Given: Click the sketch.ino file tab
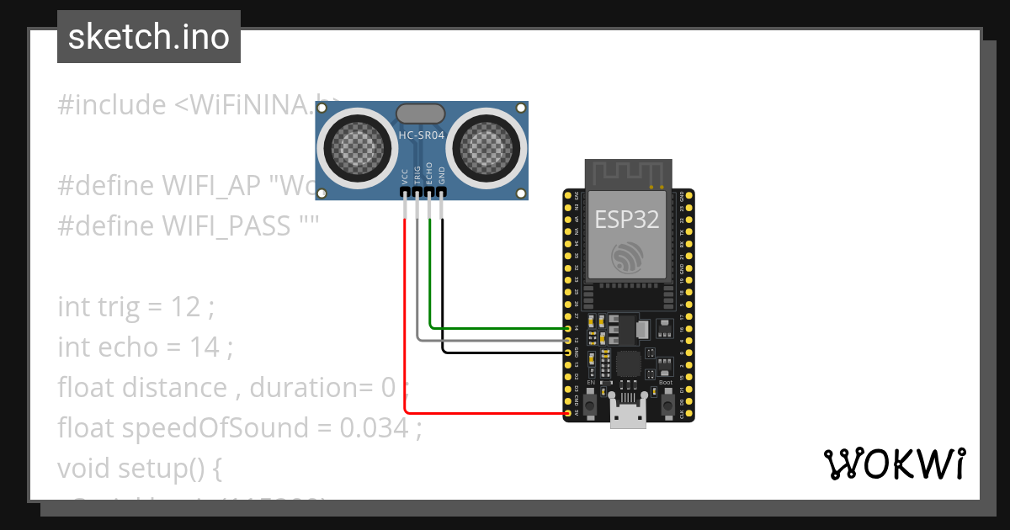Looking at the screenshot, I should point(148,37).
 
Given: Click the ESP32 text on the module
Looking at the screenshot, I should point(627,220).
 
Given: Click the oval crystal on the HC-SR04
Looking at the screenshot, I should point(421,113).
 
